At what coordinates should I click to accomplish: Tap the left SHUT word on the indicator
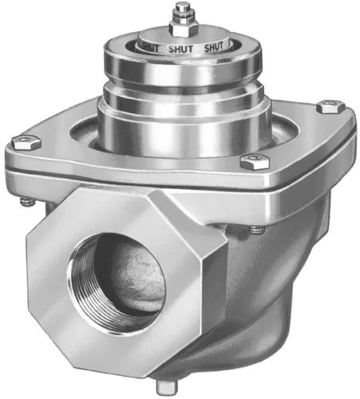coord(148,47)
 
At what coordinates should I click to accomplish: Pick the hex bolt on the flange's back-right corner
coord(328,105)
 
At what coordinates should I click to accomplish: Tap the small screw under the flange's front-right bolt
coord(255,230)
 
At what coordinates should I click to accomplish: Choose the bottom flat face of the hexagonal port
coord(136,363)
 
